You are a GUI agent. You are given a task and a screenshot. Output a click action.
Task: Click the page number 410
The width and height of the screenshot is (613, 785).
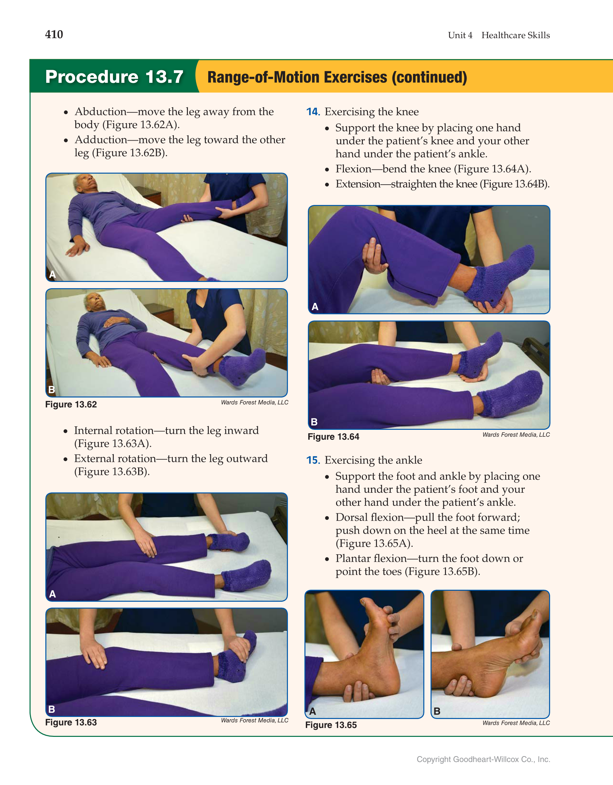point(54,34)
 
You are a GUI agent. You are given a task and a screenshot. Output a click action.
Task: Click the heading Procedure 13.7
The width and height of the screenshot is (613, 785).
point(114,77)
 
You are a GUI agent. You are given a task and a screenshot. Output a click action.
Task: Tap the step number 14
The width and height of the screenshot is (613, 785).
point(313,112)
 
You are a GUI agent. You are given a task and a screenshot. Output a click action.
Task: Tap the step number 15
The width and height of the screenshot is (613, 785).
point(313,460)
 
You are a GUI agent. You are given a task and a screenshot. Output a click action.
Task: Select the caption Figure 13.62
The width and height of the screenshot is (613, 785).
point(71,404)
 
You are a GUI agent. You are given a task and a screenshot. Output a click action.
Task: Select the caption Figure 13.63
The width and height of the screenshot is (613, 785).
point(71,722)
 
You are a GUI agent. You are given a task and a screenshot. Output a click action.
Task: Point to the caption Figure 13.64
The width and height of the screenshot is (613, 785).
point(334,437)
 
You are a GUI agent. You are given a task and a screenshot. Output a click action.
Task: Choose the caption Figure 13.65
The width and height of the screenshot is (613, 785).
point(331,725)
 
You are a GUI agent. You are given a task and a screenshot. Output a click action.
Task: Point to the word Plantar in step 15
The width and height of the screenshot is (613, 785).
point(353,558)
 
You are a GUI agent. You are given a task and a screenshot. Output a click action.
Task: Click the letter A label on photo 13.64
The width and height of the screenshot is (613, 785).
point(315,307)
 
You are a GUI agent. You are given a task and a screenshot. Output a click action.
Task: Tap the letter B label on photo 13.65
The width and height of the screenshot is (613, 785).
point(437,711)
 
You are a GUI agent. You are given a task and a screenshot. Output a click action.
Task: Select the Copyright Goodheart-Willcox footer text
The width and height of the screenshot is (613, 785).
point(483,759)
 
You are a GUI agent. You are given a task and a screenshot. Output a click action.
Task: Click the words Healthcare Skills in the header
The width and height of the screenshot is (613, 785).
point(516,35)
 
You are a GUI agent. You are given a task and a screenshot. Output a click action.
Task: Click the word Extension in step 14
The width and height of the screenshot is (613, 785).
point(358,184)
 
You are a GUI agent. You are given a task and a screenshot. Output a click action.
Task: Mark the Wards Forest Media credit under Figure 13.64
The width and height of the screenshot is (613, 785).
point(516,435)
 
